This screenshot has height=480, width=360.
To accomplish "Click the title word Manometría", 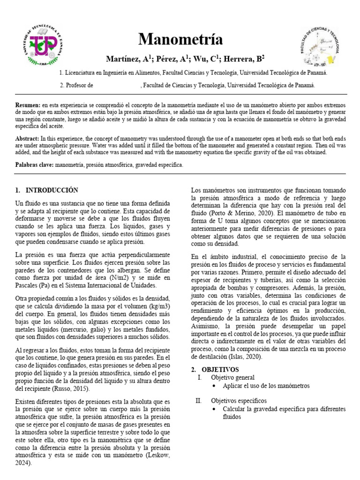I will pos(180,39).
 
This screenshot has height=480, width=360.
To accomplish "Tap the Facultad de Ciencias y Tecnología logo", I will pos(319,46).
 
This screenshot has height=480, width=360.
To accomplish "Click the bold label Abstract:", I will pos(27,138).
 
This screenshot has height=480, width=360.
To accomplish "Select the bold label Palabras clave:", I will pos(35,165).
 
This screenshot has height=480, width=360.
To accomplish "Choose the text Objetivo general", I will pos(233,377).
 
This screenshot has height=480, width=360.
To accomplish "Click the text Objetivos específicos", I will pos(239,401).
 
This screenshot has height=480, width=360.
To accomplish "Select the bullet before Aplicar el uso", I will pos(214,386).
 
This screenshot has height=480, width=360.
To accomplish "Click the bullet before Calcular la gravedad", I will pos(214,409).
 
